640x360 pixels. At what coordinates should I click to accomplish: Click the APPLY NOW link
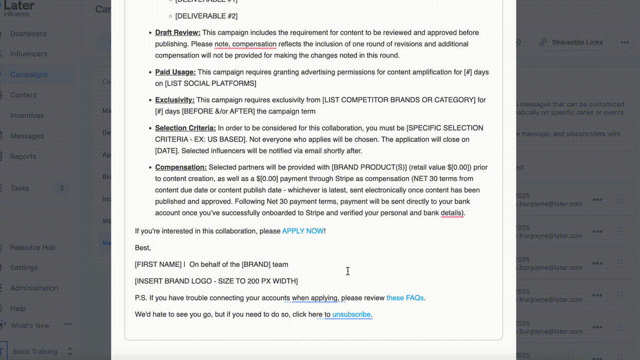tap(303, 231)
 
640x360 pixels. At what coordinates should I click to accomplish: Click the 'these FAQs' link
tap(405, 298)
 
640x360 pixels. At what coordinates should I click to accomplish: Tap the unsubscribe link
tap(351, 315)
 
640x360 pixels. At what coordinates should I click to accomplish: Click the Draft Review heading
tap(177, 33)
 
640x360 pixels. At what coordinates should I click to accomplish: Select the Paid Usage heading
tap(175, 73)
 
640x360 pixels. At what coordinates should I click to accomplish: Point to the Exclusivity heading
tap(174, 100)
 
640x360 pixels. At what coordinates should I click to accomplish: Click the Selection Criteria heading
tap(185, 128)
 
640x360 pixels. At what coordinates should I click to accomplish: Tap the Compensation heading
tap(181, 168)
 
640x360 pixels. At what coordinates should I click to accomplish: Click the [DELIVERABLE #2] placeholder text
tap(206, 16)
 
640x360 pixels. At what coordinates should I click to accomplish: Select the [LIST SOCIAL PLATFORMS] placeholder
tap(210, 84)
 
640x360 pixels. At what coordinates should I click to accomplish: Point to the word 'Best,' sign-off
tap(143, 248)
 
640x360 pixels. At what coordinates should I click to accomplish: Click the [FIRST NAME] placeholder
tap(158, 265)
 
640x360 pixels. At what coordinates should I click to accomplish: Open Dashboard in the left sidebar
tap(28, 34)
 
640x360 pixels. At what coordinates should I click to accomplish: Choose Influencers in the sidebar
tap(28, 54)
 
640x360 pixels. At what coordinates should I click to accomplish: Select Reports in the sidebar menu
tap(23, 157)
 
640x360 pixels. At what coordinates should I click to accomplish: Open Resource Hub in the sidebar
tap(32, 247)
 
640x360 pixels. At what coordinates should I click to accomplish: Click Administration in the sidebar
tap(34, 289)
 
